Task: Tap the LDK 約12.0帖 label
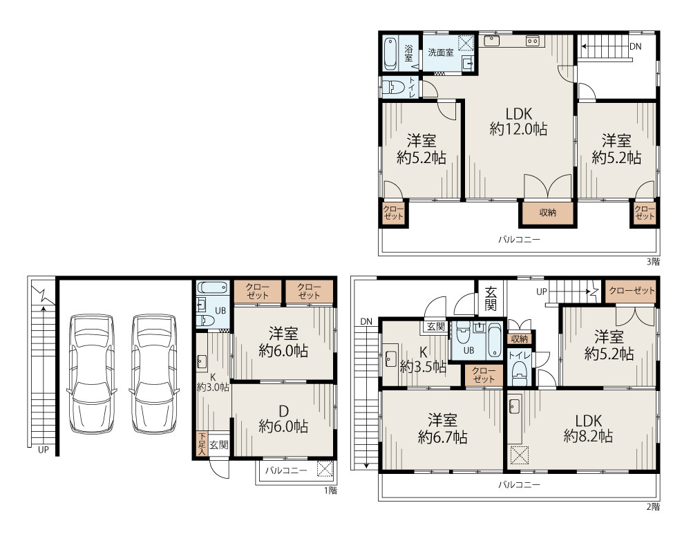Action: pos(518,121)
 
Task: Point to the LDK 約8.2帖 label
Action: pos(588,428)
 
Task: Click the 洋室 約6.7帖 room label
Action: pos(441,428)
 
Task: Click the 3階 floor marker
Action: pos(653,261)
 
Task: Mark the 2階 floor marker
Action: pos(653,506)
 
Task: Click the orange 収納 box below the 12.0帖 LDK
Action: pos(547,213)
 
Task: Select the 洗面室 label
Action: pos(439,52)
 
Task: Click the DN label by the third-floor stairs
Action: pos(635,46)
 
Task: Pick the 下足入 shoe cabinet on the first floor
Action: pos(202,443)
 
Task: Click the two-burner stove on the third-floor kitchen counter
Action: pos(533,41)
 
